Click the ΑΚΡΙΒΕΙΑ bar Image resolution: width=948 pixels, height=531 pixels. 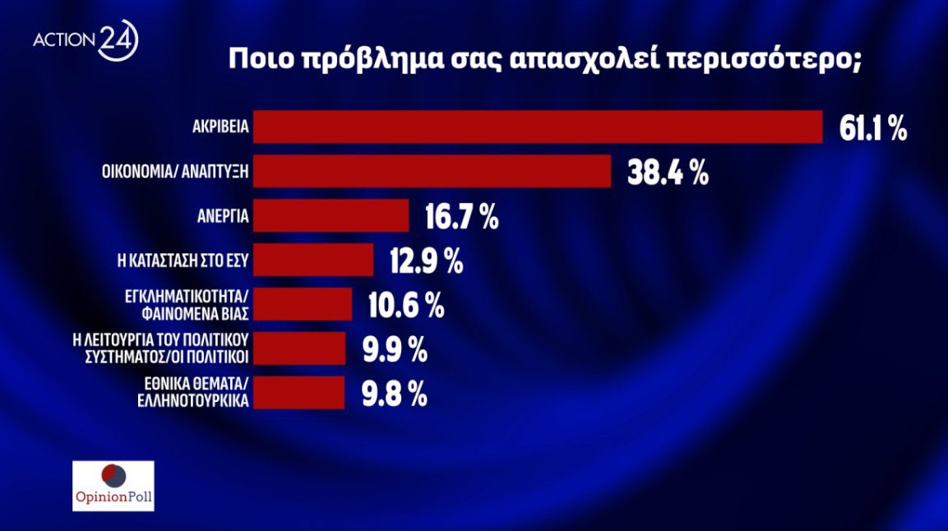pyautogui.click(x=539, y=127)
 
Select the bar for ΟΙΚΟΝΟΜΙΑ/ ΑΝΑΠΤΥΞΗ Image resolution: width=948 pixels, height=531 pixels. pyautogui.click(x=432, y=172)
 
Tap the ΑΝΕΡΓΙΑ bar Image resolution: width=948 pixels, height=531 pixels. pyautogui.click(x=331, y=216)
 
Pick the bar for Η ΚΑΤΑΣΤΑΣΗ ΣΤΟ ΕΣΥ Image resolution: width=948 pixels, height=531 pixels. pyautogui.click(x=314, y=261)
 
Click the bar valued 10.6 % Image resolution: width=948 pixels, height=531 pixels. pyautogui.click(x=303, y=304)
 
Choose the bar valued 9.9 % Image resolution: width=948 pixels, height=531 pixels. pyautogui.click(x=300, y=349)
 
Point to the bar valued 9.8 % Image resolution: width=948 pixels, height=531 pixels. pyautogui.click(x=299, y=393)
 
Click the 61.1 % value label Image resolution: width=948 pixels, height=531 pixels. pyautogui.click(x=873, y=128)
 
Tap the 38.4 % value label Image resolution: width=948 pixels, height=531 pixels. pyautogui.click(x=668, y=173)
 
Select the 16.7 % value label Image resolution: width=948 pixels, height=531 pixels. pyautogui.click(x=462, y=218)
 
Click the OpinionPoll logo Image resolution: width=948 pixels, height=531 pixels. pyautogui.click(x=113, y=485)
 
